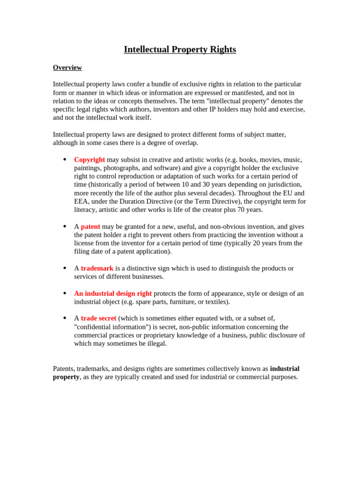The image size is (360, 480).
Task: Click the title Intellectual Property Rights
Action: click(180, 49)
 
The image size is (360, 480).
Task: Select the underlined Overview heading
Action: click(67, 67)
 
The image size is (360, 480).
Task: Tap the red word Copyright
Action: click(89, 159)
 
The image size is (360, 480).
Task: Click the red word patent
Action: click(90, 226)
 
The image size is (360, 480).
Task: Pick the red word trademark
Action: click(97, 268)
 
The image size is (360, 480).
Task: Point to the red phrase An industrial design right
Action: click(112, 293)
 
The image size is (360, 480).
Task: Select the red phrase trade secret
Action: click(98, 318)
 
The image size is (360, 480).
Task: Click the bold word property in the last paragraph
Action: click(66, 377)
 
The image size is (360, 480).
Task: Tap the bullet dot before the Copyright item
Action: click(65, 159)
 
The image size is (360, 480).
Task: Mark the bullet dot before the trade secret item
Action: click(65, 318)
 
